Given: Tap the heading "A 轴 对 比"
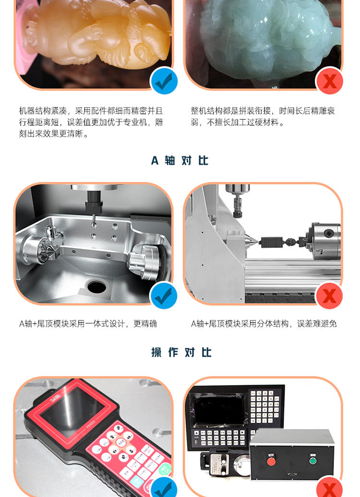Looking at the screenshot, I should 180,160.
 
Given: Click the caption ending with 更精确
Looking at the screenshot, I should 88,324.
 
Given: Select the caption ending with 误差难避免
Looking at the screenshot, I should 264,324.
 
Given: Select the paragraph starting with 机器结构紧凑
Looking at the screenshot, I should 91,122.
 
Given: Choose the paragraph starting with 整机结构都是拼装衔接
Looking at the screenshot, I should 263,117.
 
